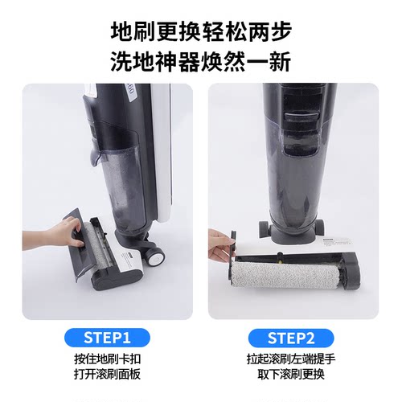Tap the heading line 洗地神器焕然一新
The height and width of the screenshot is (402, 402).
[x=200, y=61]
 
